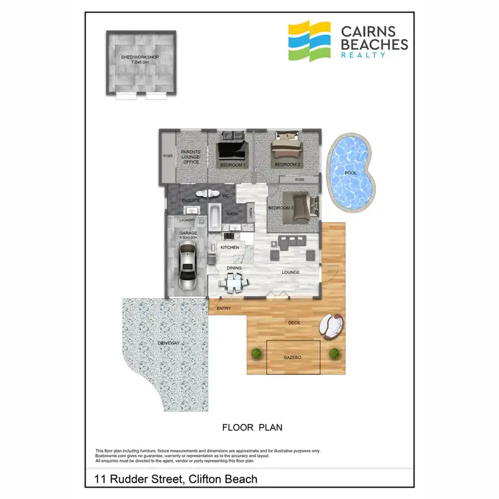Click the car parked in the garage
point(188,265)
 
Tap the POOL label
point(350,173)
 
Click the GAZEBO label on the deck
point(293,358)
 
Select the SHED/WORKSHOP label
point(141,59)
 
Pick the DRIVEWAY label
point(169,343)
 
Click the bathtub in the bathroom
point(218,215)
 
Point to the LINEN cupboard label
point(250,214)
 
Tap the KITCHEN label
point(230,248)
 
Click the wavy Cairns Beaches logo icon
point(309,41)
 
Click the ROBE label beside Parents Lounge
point(167,157)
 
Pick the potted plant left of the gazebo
point(255,353)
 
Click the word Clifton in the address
point(206,479)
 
